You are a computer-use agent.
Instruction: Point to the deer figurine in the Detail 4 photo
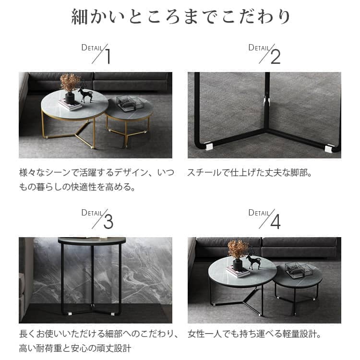point(252,259)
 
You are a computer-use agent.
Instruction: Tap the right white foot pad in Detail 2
point(329,148)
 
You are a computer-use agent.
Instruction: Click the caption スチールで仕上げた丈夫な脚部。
point(250,172)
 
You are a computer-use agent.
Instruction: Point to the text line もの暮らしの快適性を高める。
point(77,186)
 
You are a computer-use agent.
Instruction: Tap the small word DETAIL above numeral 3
point(92,213)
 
